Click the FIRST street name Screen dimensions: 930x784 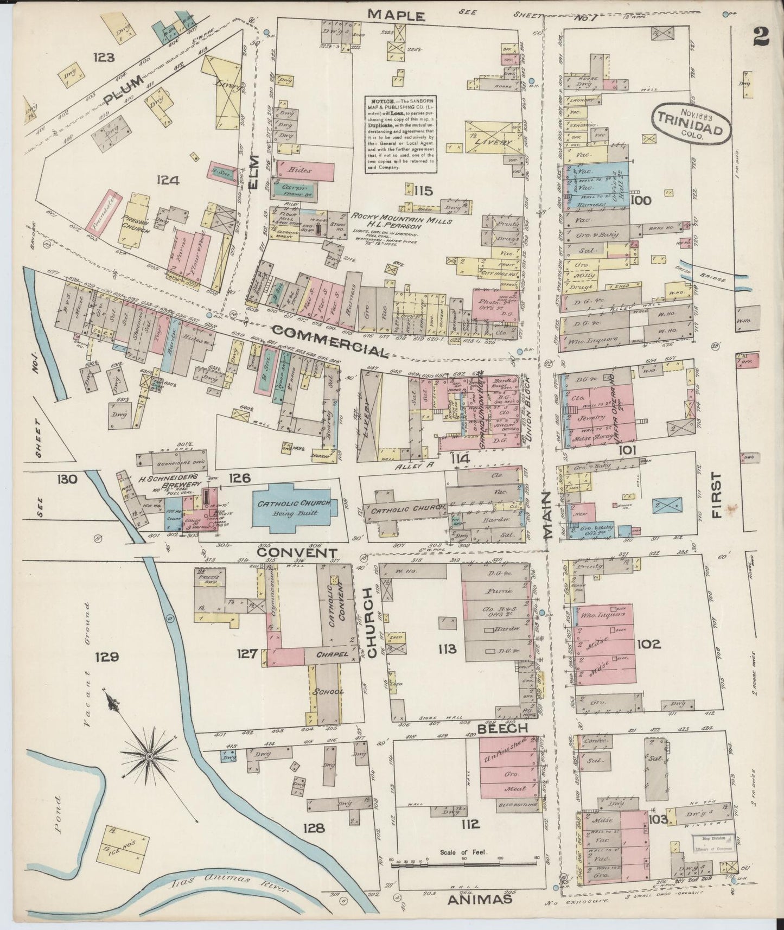pyautogui.click(x=717, y=495)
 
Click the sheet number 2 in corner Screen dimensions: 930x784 pyautogui.click(x=762, y=37)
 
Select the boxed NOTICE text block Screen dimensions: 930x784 pyautogui.click(x=401, y=133)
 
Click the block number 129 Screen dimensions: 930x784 pyautogui.click(x=107, y=658)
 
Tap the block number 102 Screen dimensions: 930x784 pyautogui.click(x=649, y=644)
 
